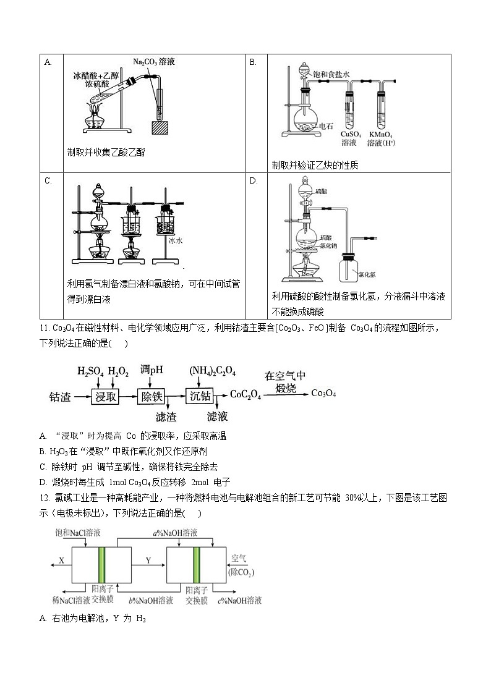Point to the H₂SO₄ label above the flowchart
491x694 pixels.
(x=90, y=371)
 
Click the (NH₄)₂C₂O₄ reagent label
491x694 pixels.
(x=212, y=371)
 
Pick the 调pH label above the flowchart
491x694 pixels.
(x=152, y=370)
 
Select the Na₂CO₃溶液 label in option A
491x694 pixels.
(x=154, y=62)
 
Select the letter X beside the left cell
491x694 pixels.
(x=62, y=560)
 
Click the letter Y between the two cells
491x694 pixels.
(x=148, y=560)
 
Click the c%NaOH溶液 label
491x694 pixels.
(x=240, y=600)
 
